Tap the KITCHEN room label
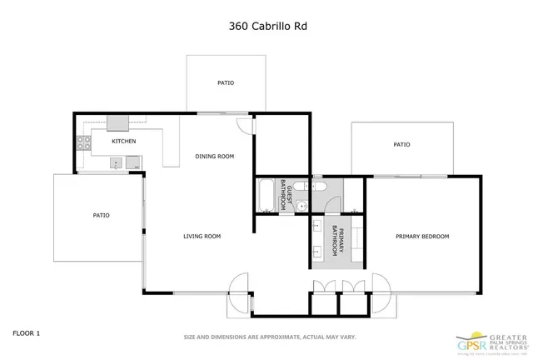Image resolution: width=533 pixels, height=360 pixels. tap(124, 141)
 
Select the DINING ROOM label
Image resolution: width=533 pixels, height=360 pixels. tap(214, 157)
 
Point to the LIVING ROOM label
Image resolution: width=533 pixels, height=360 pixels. tap(202, 237)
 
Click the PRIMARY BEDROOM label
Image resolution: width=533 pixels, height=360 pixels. tap(421, 237)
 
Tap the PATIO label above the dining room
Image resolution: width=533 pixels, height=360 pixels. tap(226, 83)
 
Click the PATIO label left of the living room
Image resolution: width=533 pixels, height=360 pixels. tap(101, 216)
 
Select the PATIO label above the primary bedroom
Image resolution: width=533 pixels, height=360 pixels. tap(401, 145)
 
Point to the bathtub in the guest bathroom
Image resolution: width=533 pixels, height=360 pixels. tap(266, 194)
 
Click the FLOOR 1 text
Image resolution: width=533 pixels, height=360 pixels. tap(26, 333)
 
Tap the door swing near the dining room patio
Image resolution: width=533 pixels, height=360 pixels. tap(242, 125)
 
